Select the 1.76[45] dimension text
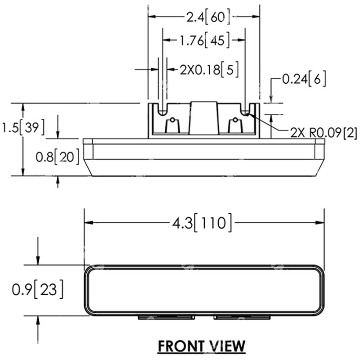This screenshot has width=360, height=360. (x=204, y=41)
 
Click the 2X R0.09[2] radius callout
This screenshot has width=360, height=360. (x=324, y=133)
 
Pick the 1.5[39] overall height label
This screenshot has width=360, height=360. (x=22, y=128)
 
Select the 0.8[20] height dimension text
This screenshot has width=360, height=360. (x=58, y=157)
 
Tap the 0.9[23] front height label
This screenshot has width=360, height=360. (x=37, y=289)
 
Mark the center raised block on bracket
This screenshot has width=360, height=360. (x=203, y=118)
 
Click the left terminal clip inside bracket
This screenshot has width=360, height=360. (x=172, y=125)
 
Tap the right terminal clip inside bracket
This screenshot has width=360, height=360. (x=235, y=125)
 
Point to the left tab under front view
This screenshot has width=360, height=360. (x=166, y=317)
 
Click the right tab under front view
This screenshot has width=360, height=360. (x=242, y=317)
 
